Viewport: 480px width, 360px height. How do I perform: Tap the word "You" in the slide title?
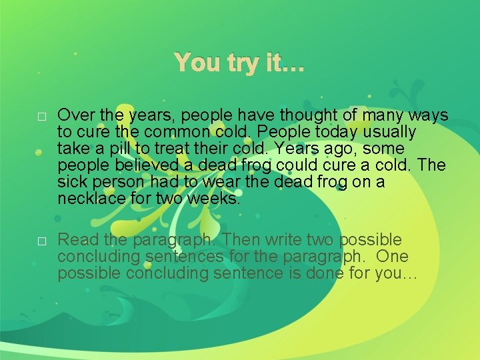pos(198,63)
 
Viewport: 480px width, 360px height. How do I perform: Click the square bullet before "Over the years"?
pos(41,117)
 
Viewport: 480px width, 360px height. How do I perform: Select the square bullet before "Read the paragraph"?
pos(41,241)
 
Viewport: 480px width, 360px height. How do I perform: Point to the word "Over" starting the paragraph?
pos(74,116)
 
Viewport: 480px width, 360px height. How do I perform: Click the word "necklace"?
pos(90,199)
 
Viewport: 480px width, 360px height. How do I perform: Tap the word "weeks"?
pos(215,199)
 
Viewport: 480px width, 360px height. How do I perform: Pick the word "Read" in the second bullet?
pos(74,240)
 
